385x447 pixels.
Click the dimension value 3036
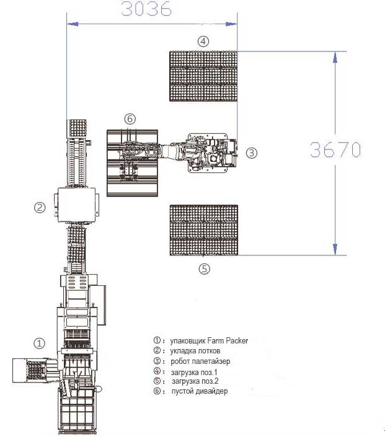coord(146,8)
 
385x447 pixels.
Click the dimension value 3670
coord(335,149)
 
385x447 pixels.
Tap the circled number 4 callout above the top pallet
coord(203,42)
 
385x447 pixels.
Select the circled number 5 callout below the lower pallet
coord(205,269)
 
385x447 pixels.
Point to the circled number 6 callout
coord(130,118)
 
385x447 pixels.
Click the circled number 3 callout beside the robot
coord(251,153)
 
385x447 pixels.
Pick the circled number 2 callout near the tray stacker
coord(40,207)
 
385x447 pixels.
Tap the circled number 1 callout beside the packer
coord(39,343)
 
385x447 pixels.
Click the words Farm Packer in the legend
coord(228,340)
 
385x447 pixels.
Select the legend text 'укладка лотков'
coord(195,351)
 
